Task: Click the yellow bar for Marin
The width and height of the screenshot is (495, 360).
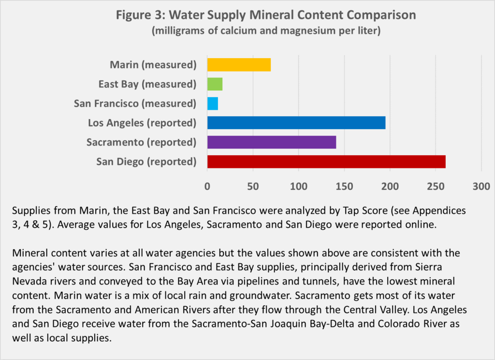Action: [x=239, y=65]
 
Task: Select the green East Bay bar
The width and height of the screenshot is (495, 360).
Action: [x=215, y=84]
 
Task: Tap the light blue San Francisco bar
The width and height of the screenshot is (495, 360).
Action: [x=213, y=104]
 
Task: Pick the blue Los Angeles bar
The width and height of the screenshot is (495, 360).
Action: [x=296, y=123]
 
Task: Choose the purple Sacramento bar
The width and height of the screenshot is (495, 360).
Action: [x=271, y=142]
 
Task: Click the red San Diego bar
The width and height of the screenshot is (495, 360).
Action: [x=326, y=162]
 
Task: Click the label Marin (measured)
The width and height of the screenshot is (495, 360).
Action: [x=153, y=65]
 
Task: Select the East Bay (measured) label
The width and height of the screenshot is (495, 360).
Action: [x=144, y=84]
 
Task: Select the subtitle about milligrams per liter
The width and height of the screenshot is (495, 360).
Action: [x=265, y=31]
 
